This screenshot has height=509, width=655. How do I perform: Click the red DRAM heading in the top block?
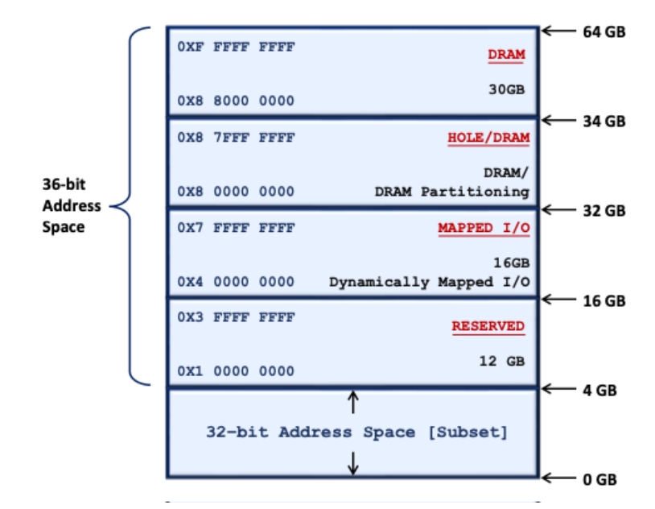[505, 55]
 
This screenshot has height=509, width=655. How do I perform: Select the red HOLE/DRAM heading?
[488, 138]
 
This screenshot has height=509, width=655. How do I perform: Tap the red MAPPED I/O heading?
[484, 228]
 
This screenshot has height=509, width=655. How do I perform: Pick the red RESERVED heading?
[488, 326]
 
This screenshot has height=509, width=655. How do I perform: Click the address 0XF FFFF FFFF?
[236, 47]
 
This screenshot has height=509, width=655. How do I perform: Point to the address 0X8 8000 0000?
[236, 101]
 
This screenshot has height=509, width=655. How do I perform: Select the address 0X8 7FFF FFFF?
[236, 138]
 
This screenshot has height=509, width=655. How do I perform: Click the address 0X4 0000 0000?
[236, 282]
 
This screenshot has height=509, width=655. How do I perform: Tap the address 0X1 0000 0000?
[236, 371]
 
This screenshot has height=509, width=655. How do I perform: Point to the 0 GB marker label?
[599, 479]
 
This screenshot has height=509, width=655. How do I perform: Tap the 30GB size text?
[506, 89]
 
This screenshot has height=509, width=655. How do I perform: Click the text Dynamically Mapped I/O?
[429, 282]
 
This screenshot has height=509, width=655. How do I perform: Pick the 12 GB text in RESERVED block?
[501, 361]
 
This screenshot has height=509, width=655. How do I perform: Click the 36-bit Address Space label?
[72, 205]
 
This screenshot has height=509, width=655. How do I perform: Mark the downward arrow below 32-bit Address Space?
[352, 462]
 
